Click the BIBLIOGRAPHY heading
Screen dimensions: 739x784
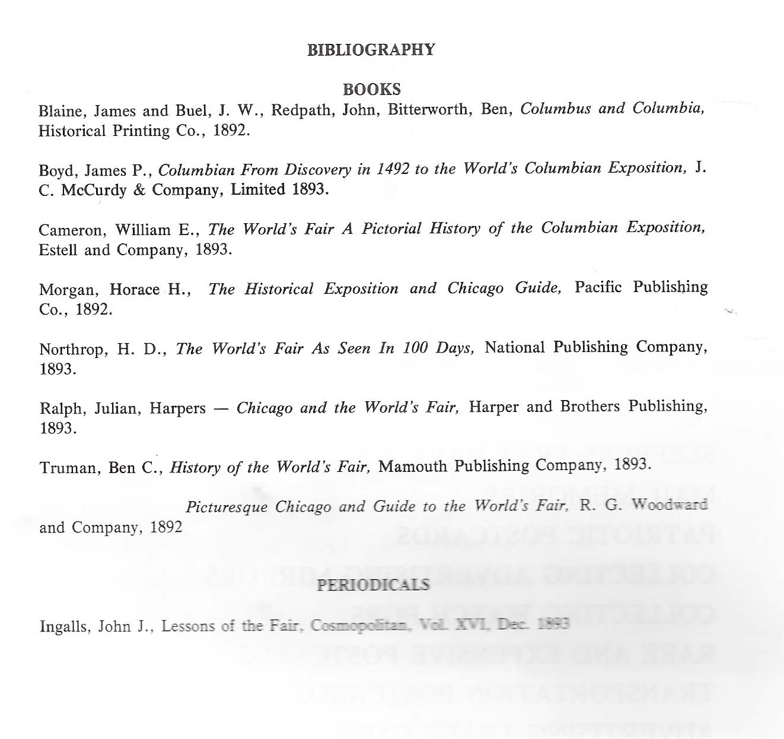pyautogui.click(x=371, y=50)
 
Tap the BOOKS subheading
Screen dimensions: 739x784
pyautogui.click(x=372, y=90)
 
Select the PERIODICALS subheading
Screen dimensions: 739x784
pyautogui.click(x=373, y=585)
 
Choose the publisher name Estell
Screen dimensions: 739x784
pyautogui.click(x=58, y=250)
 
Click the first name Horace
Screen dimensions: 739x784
pyautogui.click(x=135, y=290)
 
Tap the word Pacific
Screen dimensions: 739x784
pyautogui.click(x=598, y=287)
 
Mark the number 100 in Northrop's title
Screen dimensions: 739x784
pyautogui.click(x=415, y=348)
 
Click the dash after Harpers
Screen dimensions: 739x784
pyautogui.click(x=221, y=408)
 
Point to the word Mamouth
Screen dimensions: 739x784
pyautogui.click(x=413, y=467)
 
